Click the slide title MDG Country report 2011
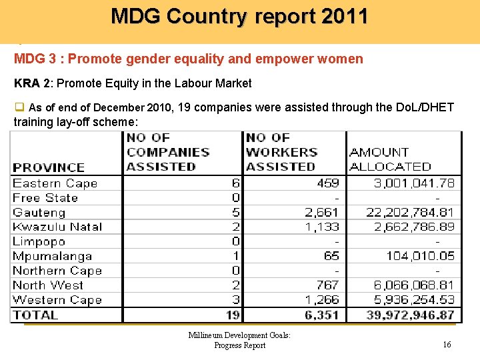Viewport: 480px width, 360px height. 239,16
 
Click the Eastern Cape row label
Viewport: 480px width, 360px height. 55,183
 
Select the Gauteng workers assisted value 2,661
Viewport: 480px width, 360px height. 322,213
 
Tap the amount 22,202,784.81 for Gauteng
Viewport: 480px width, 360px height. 410,213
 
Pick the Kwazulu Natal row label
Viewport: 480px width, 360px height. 57,227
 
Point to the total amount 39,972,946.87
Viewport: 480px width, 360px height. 410,315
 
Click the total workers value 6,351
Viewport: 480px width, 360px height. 323,315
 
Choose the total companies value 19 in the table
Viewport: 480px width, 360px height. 233,315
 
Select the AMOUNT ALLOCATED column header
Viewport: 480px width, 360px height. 390,159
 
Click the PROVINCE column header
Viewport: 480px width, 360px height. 49,167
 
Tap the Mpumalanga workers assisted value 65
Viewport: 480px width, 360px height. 331,256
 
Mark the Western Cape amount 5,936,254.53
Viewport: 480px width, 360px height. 413,300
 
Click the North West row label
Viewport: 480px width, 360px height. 48,285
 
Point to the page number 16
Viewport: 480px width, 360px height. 447,345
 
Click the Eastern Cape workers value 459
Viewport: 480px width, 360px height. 328,183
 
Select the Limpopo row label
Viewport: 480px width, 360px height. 39,242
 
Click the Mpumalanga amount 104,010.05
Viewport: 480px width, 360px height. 420,256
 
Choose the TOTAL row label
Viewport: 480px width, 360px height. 35,315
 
